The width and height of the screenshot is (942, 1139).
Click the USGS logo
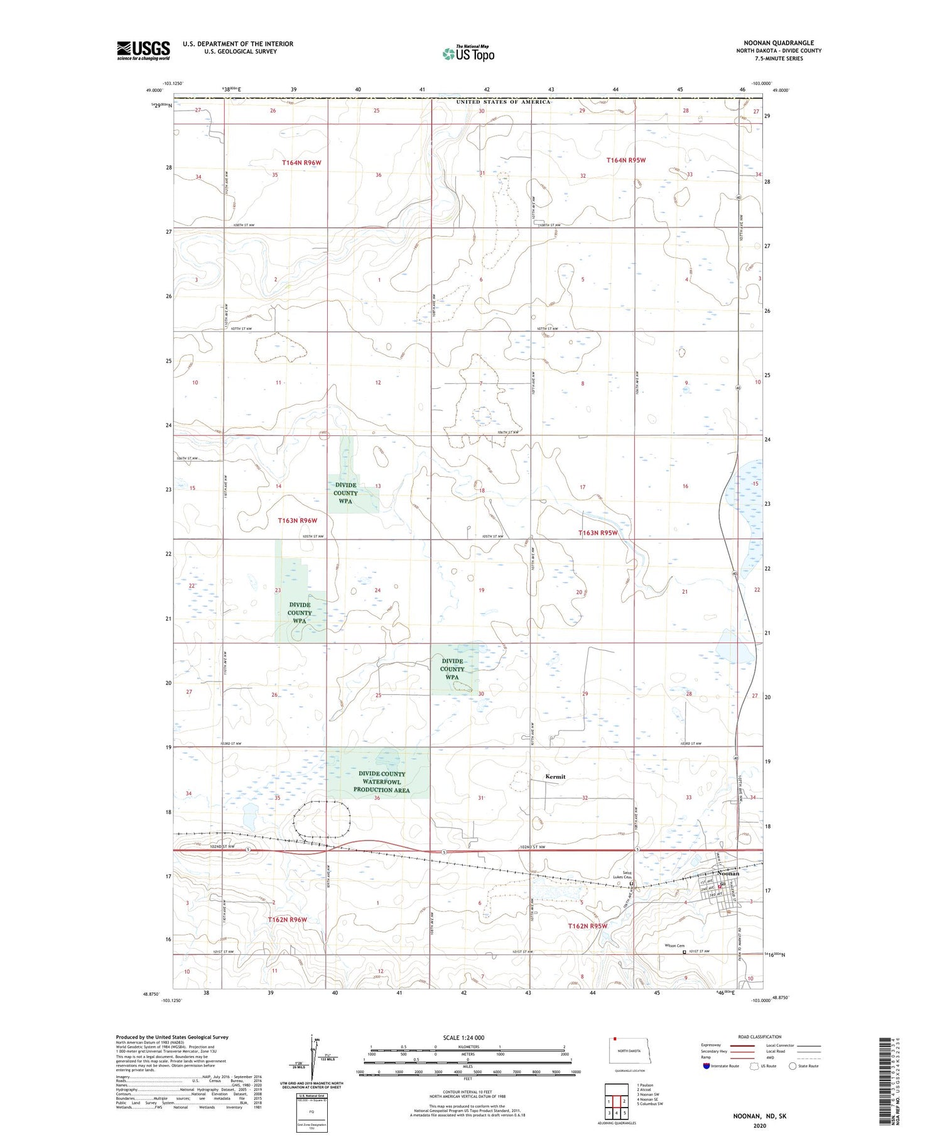tap(143, 50)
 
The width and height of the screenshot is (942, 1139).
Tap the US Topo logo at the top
tap(468, 53)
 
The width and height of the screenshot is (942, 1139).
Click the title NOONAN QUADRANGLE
tap(779, 43)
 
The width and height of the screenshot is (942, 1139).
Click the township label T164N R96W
tap(301, 163)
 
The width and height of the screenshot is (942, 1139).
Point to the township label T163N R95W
tap(598, 533)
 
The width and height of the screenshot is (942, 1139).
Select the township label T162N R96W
tap(288, 920)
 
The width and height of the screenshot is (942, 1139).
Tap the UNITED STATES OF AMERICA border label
tap(503, 102)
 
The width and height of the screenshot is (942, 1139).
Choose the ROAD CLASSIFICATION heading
tap(760, 1037)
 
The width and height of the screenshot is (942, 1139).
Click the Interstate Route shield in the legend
tap(706, 1066)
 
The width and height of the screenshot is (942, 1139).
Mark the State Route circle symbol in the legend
tap(793, 1066)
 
